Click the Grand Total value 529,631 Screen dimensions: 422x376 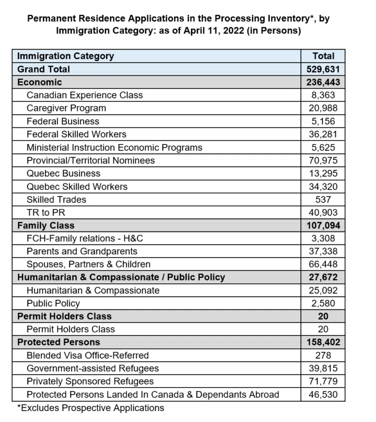(322, 69)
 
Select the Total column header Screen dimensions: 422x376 (322, 56)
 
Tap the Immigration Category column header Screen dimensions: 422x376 (65, 56)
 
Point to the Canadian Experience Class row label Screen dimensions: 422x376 (84, 95)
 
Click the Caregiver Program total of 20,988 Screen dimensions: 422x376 (322, 108)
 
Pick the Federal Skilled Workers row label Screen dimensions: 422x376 (76, 134)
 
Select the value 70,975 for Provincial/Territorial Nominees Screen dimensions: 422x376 (322, 160)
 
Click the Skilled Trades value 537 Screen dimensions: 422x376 (322, 199)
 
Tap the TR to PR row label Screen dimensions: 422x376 (46, 212)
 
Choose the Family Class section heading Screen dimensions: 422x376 (45, 225)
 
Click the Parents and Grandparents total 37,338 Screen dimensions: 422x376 (322, 251)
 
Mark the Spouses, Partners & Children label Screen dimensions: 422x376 (88, 264)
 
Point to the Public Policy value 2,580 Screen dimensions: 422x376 (322, 303)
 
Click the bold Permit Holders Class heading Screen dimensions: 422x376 (64, 316)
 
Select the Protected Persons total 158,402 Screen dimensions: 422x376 (322, 342)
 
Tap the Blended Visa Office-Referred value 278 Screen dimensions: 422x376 (322, 355)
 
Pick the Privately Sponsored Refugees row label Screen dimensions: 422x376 (90, 381)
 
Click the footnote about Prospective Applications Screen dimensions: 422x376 (90, 408)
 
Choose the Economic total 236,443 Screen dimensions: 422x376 (322, 82)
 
